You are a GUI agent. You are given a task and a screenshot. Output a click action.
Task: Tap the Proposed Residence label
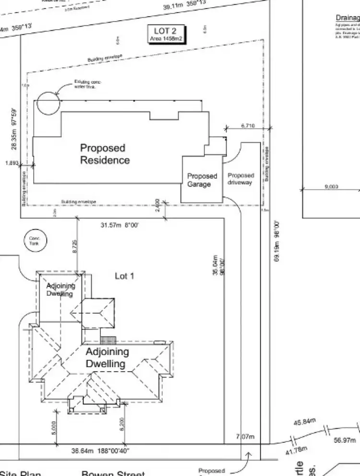(105, 154)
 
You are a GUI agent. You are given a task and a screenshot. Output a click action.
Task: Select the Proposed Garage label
(202, 180)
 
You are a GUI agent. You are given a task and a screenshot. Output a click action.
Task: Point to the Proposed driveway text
(240, 179)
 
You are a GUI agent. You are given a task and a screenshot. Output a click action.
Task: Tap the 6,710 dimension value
(247, 125)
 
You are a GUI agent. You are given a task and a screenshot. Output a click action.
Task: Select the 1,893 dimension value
(12, 163)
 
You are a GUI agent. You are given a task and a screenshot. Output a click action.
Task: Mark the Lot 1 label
(124, 276)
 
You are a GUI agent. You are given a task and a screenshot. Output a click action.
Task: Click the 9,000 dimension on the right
(331, 186)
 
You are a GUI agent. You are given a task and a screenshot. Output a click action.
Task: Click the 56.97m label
(345, 440)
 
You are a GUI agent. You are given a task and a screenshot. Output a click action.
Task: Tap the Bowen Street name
(113, 472)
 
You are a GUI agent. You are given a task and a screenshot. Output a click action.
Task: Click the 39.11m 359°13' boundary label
(184, 6)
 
